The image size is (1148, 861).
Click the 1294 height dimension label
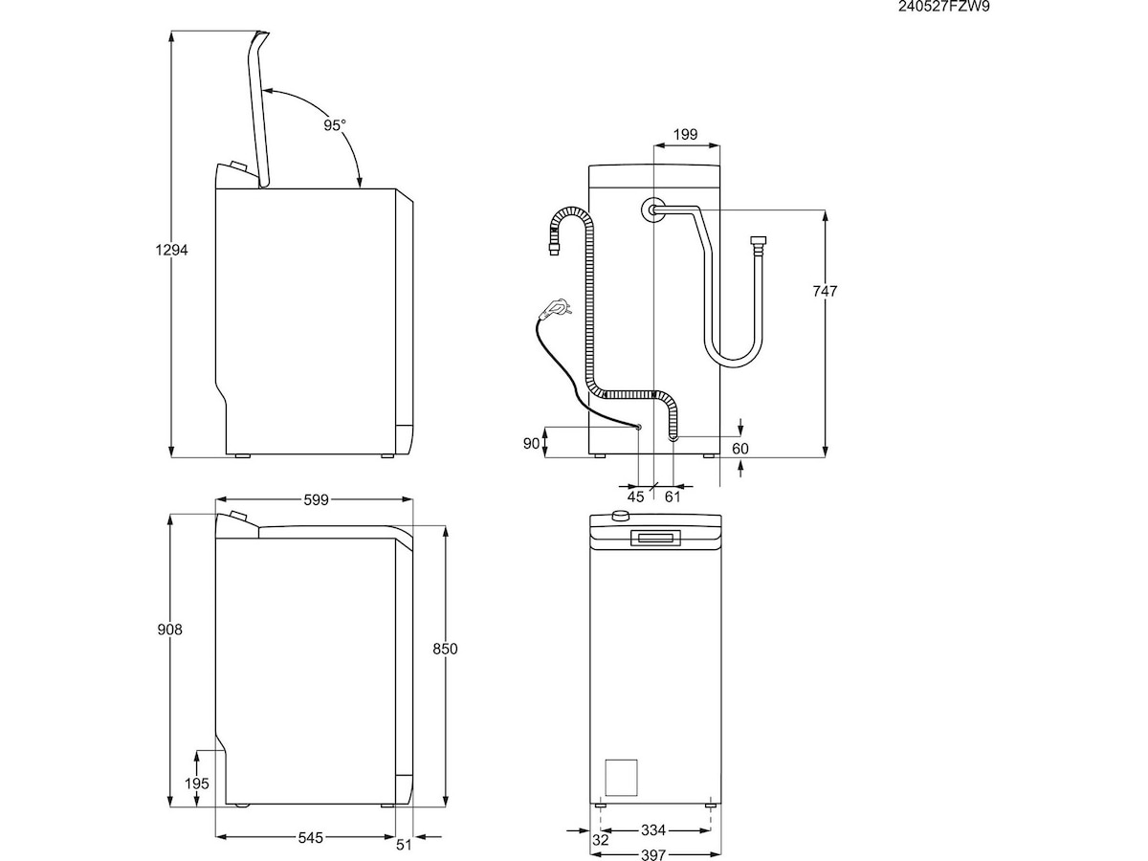(x=173, y=251)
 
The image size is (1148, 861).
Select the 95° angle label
(x=333, y=124)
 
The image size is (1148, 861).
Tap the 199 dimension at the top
(x=684, y=134)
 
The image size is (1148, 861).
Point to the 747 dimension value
(x=824, y=291)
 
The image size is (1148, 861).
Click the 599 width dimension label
(x=317, y=498)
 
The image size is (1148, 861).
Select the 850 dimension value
(x=445, y=649)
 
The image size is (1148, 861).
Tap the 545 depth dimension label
(x=310, y=837)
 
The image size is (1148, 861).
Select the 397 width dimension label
(x=652, y=854)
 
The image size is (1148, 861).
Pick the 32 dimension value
(x=600, y=840)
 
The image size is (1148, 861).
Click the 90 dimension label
(x=531, y=443)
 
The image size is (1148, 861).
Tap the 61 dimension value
(x=673, y=496)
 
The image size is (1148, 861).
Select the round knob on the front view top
(x=622, y=517)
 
